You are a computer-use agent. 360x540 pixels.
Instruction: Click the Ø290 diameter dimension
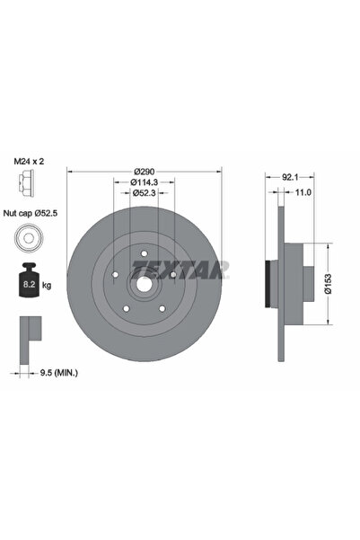point(144,171)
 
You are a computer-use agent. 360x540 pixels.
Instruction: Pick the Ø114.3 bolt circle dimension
point(144,181)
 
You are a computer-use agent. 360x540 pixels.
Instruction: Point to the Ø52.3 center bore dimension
point(144,192)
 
